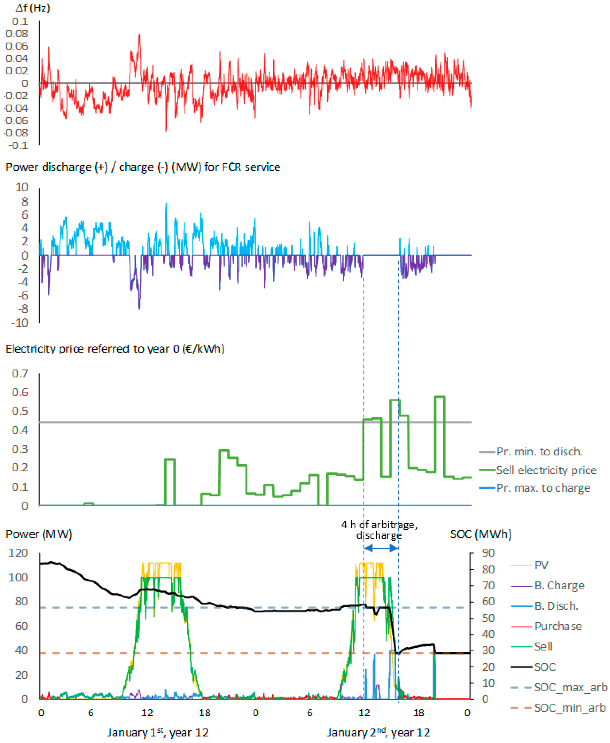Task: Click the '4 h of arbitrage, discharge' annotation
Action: tap(379, 530)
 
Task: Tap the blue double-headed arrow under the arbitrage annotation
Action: tap(381, 548)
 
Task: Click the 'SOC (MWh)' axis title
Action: tap(481, 534)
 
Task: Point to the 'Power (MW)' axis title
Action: tap(39, 534)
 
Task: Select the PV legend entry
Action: tap(541, 565)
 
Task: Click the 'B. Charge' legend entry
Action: tap(559, 586)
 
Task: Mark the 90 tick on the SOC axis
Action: tap(488, 553)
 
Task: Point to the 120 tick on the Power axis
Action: tap(18, 553)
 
